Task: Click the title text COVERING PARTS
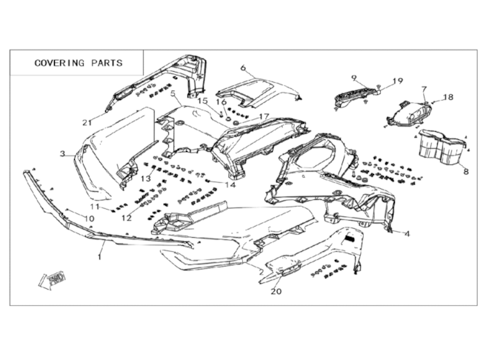click(x=79, y=63)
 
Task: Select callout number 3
click(x=63, y=154)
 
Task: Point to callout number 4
click(x=407, y=233)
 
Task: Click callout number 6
click(x=242, y=67)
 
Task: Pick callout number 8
click(x=466, y=171)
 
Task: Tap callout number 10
click(x=88, y=219)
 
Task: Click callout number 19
click(x=397, y=81)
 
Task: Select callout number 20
click(x=276, y=291)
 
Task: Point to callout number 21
click(x=87, y=122)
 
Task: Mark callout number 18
click(x=448, y=97)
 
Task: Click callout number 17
click(x=265, y=116)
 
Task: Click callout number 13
click(x=147, y=179)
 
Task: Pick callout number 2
click(x=260, y=273)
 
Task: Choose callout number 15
click(x=202, y=101)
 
